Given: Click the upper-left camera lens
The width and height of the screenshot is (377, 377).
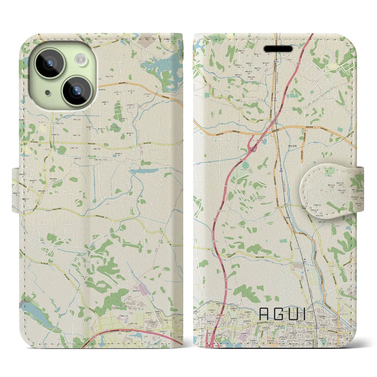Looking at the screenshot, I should click(49, 63).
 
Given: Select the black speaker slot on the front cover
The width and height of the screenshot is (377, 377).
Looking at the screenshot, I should click(278, 49).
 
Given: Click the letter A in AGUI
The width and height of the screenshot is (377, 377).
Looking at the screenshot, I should click(264, 314).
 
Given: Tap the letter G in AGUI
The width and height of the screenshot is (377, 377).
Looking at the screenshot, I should click(280, 314).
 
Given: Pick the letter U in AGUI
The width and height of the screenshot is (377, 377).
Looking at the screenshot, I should click(295, 314).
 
